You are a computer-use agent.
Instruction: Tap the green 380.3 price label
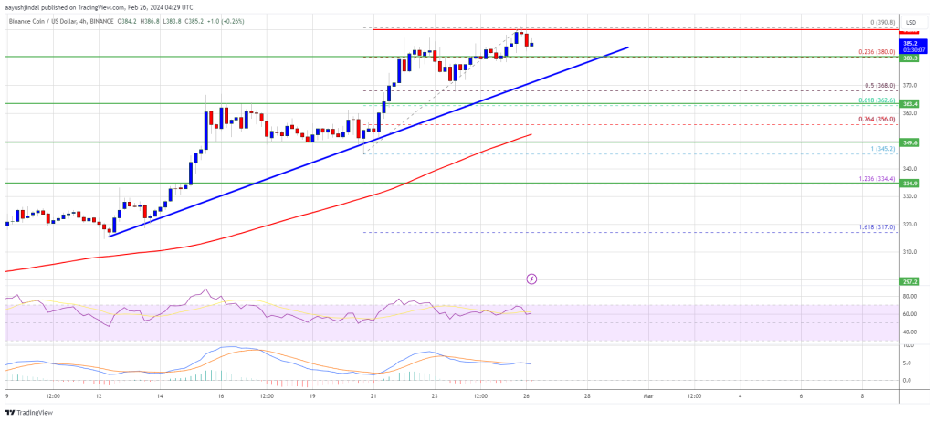click(x=908, y=58)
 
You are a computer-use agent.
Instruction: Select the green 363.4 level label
click(x=908, y=104)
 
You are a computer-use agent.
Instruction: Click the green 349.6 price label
click(x=908, y=142)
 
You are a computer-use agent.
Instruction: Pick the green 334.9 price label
click(x=908, y=183)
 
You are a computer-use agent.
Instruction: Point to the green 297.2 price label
click(x=908, y=283)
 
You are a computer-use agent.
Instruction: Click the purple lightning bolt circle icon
click(x=532, y=278)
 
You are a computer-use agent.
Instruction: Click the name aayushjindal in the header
click(x=26, y=5)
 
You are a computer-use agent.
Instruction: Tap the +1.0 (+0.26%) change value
click(x=220, y=16)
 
